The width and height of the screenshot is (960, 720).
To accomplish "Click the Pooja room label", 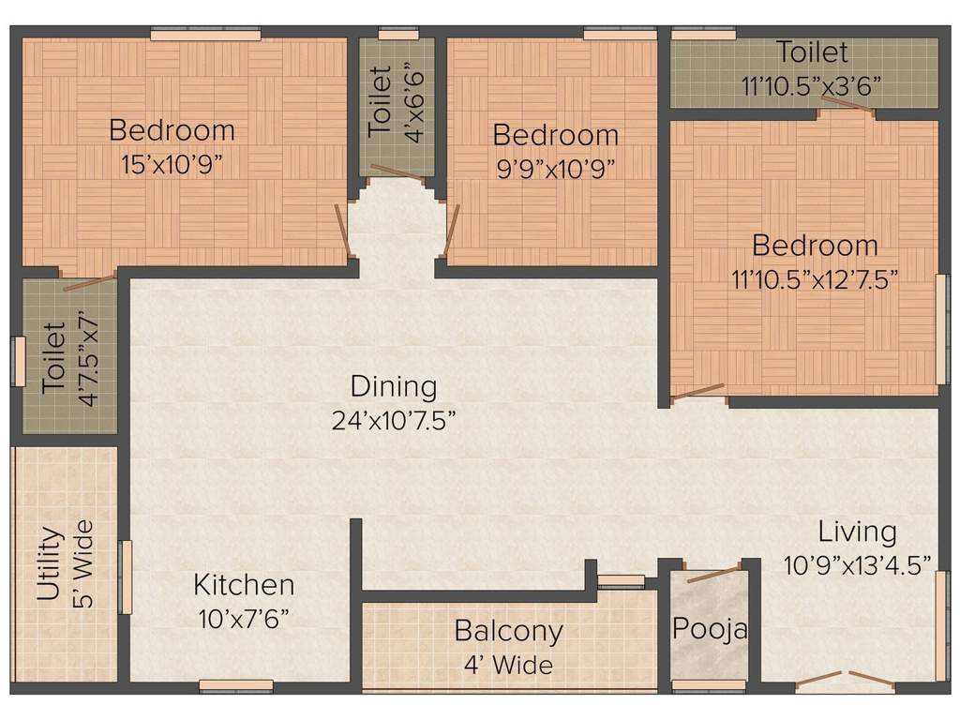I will [710, 629].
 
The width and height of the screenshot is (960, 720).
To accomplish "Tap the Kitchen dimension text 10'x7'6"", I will [243, 619].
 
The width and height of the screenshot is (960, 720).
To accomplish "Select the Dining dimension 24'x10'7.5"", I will [394, 421].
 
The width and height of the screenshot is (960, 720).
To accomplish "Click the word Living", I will [857, 532].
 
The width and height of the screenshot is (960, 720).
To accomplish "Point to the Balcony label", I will [508, 631].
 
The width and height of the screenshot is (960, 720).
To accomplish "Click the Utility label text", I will [51, 563].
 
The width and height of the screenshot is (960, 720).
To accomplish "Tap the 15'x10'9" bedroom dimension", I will [172, 164].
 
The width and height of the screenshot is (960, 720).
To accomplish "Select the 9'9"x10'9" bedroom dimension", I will [555, 169].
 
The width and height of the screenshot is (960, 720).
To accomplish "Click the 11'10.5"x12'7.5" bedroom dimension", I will [815, 278].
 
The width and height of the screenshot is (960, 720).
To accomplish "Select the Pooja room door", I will [712, 573].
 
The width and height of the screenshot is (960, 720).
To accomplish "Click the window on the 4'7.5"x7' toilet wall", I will [18, 362].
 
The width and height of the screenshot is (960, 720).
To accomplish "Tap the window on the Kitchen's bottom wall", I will [236, 685].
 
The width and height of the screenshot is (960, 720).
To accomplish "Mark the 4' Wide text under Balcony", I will [508, 666].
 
